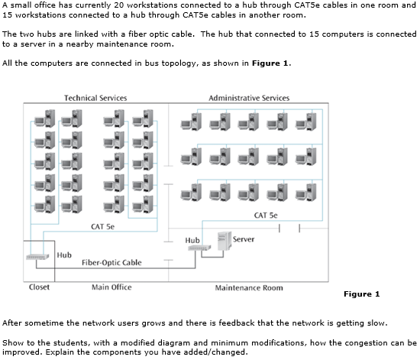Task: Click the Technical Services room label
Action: (x=95, y=98)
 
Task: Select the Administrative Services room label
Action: (x=249, y=98)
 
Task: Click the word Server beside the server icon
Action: (x=244, y=239)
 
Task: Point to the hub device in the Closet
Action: (x=38, y=257)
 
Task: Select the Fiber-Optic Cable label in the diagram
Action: (x=111, y=263)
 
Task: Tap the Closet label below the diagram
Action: (x=39, y=287)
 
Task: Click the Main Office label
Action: (x=111, y=287)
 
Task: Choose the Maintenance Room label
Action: (x=249, y=288)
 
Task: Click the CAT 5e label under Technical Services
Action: (x=102, y=227)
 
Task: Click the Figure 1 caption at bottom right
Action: (x=361, y=294)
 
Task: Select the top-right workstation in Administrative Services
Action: (x=310, y=121)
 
